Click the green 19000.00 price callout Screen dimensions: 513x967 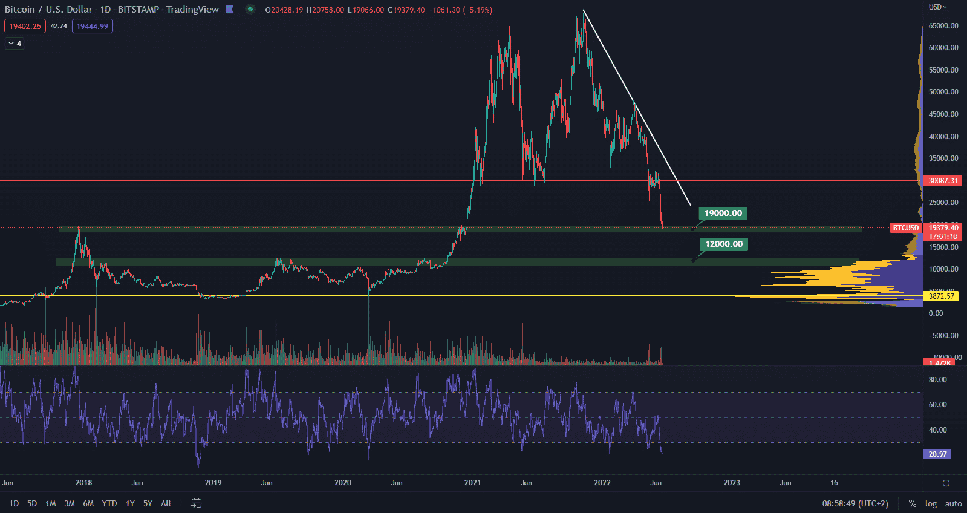(x=723, y=213)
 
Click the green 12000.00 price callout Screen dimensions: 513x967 (x=723, y=244)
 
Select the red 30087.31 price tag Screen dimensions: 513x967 (x=943, y=181)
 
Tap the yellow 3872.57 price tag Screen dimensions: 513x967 (x=941, y=296)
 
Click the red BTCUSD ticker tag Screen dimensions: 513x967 (x=905, y=228)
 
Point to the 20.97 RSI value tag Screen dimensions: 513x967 (x=937, y=454)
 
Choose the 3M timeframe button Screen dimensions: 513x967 (x=70, y=503)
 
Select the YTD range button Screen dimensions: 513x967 (x=109, y=503)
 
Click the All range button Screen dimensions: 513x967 (x=166, y=503)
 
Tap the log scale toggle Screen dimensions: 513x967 (x=931, y=503)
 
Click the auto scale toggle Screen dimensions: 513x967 (x=953, y=503)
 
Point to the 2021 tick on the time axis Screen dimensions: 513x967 (x=472, y=483)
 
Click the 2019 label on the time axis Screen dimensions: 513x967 (x=213, y=483)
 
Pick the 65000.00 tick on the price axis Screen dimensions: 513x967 (x=943, y=26)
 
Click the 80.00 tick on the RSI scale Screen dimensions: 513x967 (x=937, y=380)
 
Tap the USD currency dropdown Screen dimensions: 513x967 (x=937, y=7)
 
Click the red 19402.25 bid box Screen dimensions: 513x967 (x=25, y=26)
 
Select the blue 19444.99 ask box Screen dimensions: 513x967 (x=92, y=26)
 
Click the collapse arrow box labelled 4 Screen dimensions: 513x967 (x=15, y=44)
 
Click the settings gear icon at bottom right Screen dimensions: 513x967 (x=946, y=483)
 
